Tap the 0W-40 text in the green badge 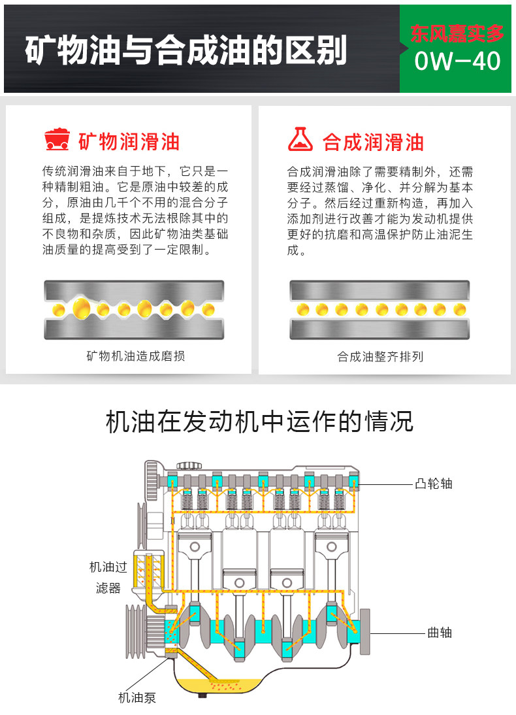pyautogui.click(x=457, y=61)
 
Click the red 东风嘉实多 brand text pyautogui.click(x=457, y=33)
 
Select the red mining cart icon pyautogui.click(x=57, y=140)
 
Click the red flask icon pyautogui.click(x=301, y=140)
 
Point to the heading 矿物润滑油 pyautogui.click(x=129, y=142)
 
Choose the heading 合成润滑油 pyautogui.click(x=373, y=142)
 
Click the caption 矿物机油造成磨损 pyautogui.click(x=136, y=356)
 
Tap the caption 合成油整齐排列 pyautogui.click(x=380, y=357)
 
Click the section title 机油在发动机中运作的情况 pyautogui.click(x=259, y=422)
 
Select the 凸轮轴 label pyautogui.click(x=433, y=484)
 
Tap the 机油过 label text pyautogui.click(x=108, y=567)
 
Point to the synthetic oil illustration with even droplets pyautogui.click(x=379, y=310)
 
